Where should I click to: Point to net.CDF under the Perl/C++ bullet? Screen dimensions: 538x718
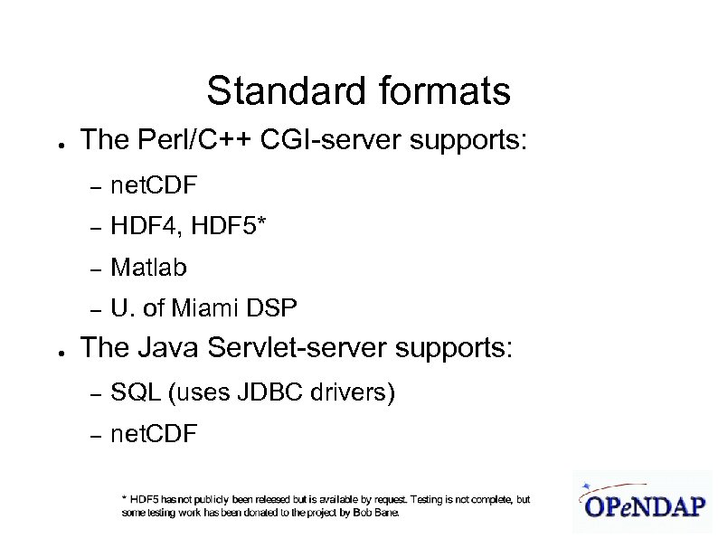[x=154, y=186]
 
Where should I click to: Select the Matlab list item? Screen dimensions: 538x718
[x=148, y=268]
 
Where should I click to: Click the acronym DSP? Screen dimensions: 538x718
[x=273, y=309]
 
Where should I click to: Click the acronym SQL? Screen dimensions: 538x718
[x=136, y=393]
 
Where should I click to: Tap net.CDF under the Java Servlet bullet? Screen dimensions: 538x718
[x=154, y=435]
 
